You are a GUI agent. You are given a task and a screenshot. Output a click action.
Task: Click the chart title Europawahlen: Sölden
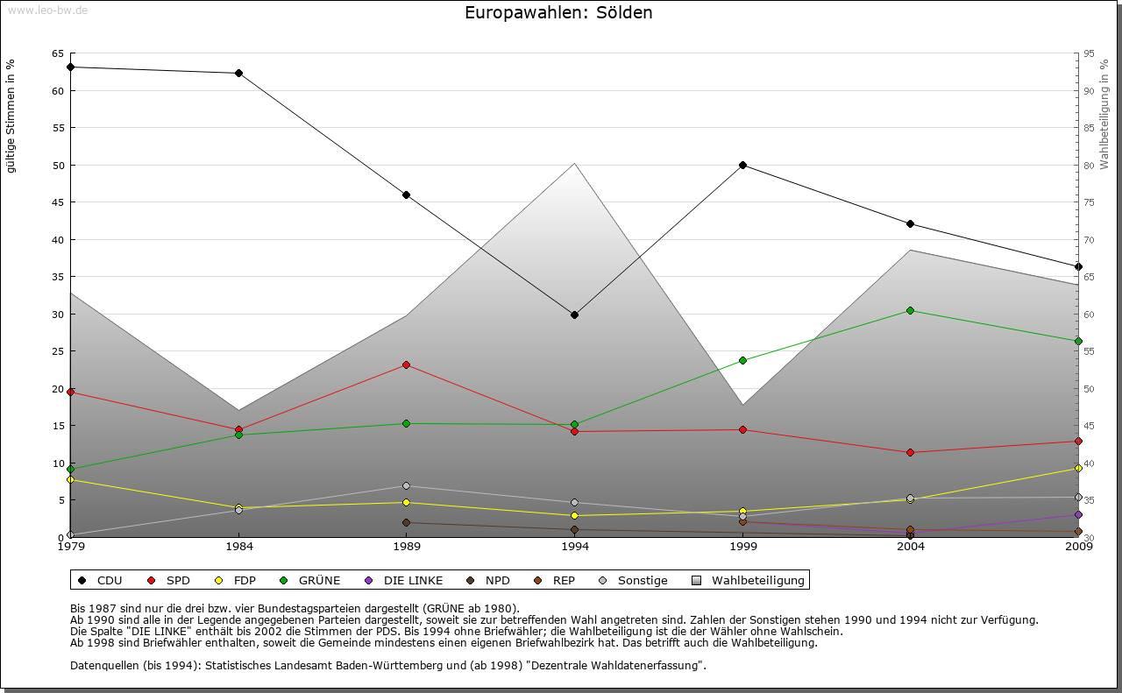click(x=558, y=13)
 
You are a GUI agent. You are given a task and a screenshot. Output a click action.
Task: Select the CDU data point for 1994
click(x=574, y=315)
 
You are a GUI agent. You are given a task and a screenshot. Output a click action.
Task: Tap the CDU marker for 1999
click(x=742, y=165)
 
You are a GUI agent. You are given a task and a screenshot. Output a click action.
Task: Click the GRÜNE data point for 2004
click(x=911, y=310)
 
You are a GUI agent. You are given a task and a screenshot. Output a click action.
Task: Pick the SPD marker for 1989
click(x=406, y=364)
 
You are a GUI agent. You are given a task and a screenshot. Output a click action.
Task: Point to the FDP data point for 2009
click(x=1078, y=468)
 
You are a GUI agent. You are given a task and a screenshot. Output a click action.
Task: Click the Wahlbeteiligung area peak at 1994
click(x=574, y=163)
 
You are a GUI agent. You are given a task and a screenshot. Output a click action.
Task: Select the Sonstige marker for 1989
click(x=406, y=485)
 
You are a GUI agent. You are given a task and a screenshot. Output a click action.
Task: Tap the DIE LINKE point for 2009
click(x=1078, y=514)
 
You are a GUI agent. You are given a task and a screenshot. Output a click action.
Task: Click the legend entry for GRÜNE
click(x=311, y=580)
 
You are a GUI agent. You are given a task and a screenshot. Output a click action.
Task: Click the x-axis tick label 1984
click(x=239, y=547)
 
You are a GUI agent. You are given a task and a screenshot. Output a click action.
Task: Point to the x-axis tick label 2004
click(x=911, y=547)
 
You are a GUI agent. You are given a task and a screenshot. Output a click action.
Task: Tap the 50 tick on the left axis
click(x=58, y=165)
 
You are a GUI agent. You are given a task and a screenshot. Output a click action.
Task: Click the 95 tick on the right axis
click(x=1089, y=53)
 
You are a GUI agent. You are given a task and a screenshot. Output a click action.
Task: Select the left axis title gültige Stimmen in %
click(x=11, y=116)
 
